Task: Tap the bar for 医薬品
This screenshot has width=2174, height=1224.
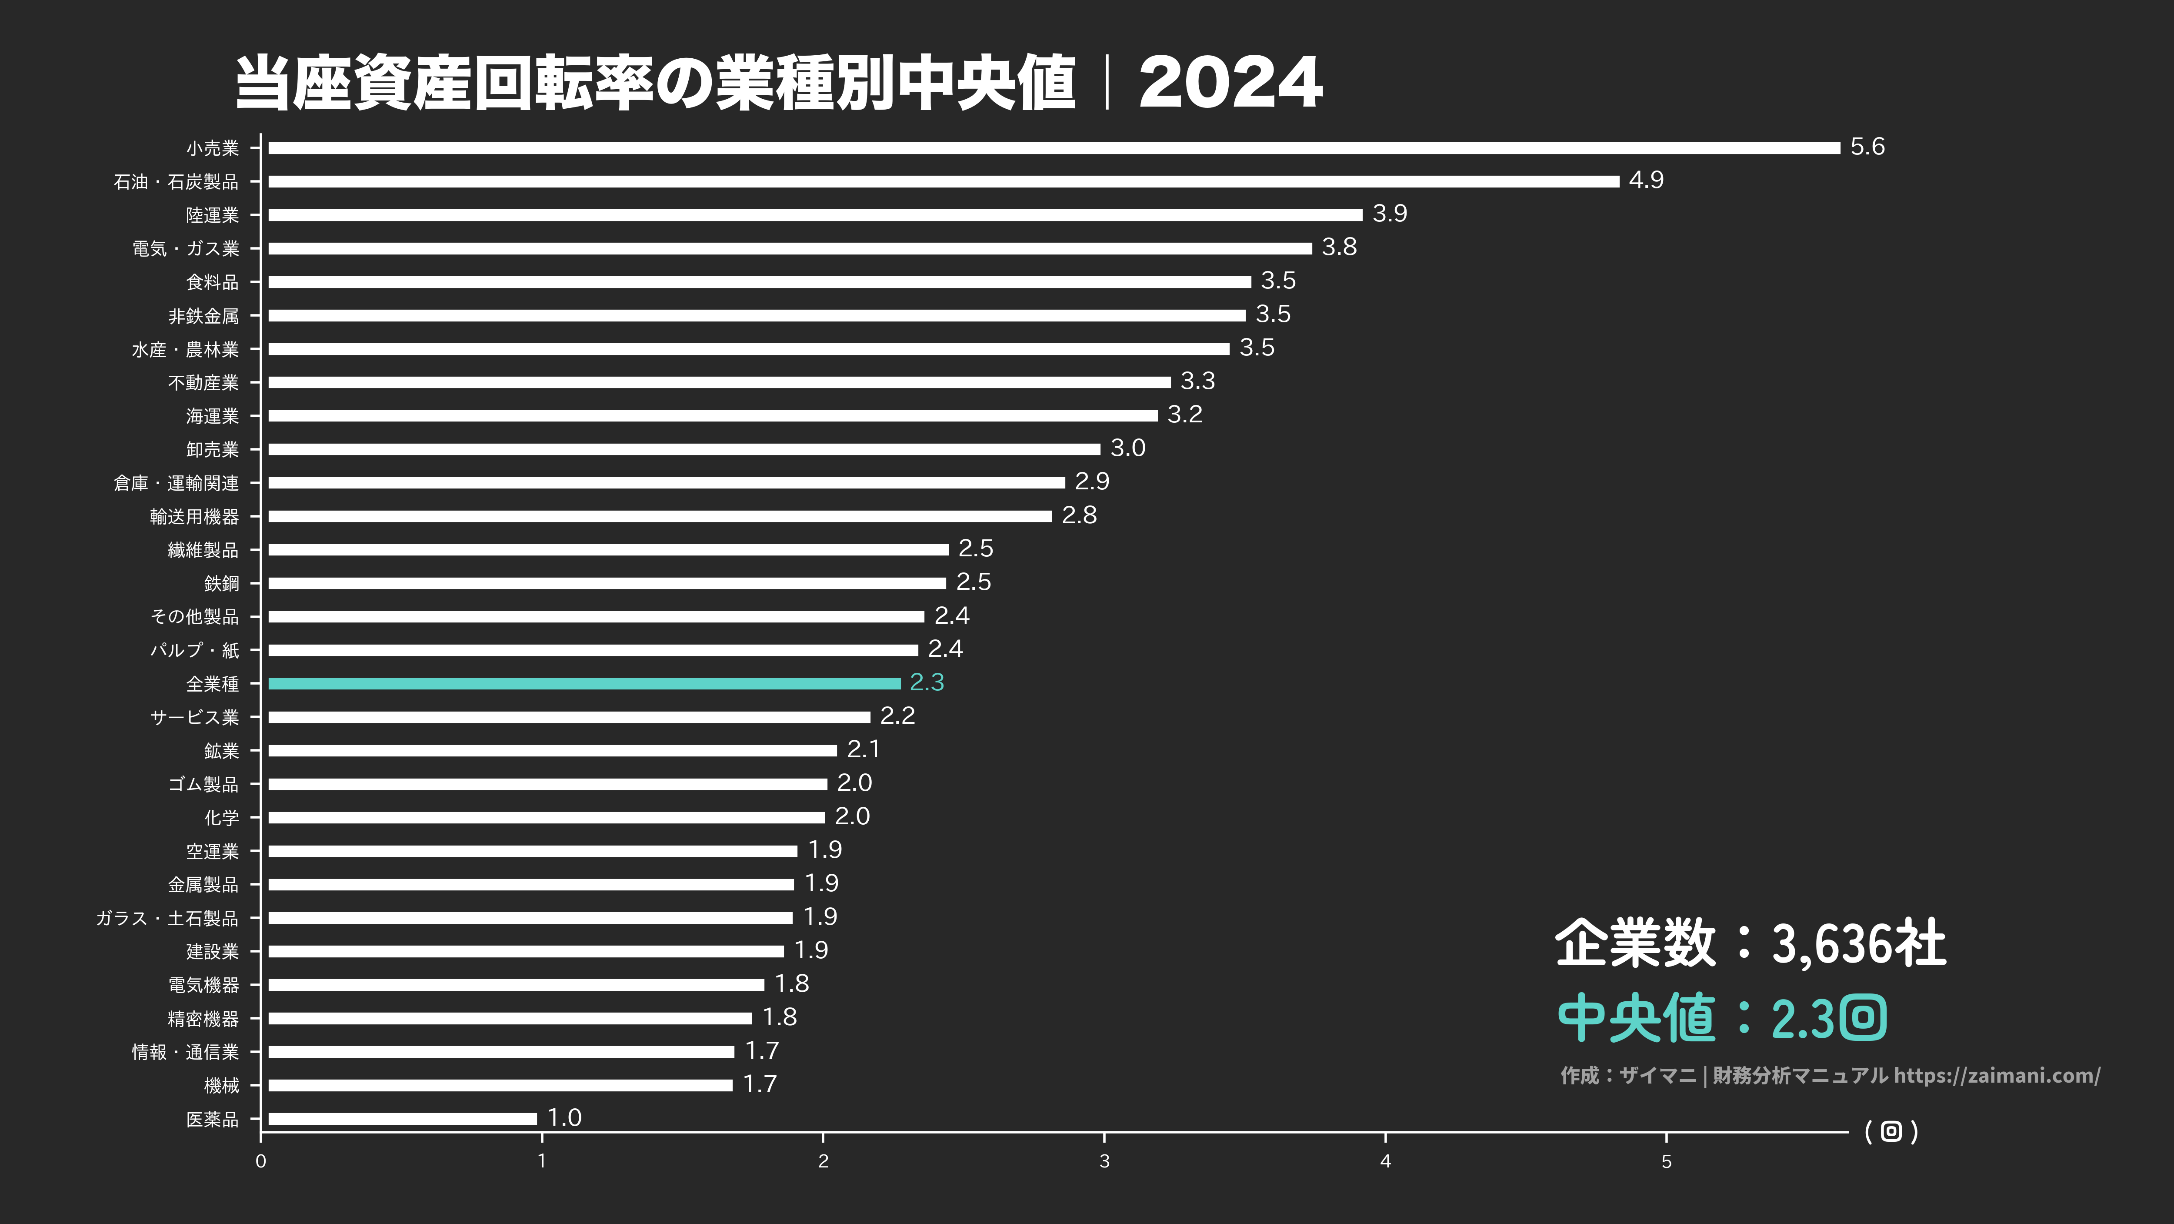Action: click(x=403, y=1118)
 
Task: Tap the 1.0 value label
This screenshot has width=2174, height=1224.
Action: click(x=565, y=1117)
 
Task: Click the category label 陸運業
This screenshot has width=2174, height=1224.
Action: click(x=213, y=215)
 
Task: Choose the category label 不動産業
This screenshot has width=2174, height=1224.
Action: click(x=203, y=382)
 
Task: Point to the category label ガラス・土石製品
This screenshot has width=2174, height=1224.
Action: click(x=167, y=918)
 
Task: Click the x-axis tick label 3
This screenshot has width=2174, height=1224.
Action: click(x=1104, y=1161)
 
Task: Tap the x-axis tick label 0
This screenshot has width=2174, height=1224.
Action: click(x=261, y=1161)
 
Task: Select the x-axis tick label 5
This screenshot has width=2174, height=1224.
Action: click(x=1666, y=1161)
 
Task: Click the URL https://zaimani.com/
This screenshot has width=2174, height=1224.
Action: click(x=1997, y=1075)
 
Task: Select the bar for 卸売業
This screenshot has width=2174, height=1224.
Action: click(x=684, y=449)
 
